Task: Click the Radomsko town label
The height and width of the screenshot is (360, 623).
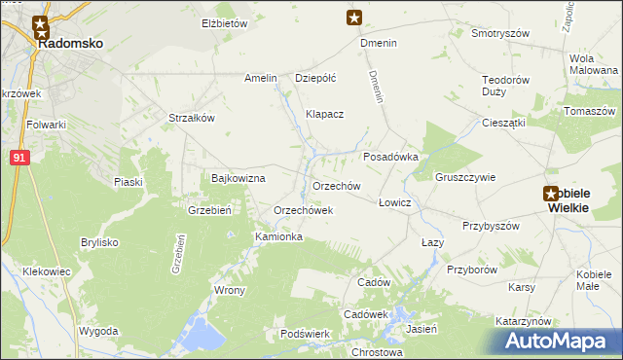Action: point(69,44)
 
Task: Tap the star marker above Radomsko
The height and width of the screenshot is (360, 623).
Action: point(41,25)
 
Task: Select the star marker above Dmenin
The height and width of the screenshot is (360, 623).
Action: point(355,17)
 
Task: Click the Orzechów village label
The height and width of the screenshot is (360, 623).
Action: point(337,186)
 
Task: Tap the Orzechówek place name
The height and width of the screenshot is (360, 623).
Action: point(304,210)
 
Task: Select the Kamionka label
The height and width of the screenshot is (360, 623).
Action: point(278,236)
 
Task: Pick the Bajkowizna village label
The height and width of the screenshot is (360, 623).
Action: point(238,179)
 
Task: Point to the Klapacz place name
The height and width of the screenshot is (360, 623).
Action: point(325,114)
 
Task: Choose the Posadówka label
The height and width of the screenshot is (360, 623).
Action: point(390,156)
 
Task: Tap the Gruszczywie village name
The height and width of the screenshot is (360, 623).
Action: point(466,178)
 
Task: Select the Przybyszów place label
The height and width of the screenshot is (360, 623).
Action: point(492,225)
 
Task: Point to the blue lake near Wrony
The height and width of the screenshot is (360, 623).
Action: point(201,333)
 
